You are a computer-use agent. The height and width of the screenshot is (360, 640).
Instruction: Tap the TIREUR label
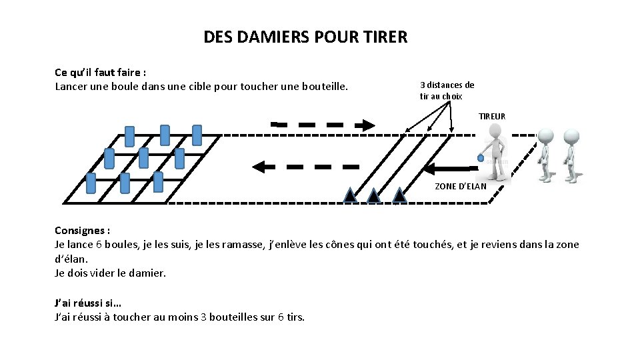pyautogui.click(x=492, y=117)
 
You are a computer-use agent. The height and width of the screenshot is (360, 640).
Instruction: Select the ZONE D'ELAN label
pyautogui.click(x=461, y=187)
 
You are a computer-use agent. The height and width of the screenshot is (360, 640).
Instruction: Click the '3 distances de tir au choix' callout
pyautogui.click(x=447, y=91)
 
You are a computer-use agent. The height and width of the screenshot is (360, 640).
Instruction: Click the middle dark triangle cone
pyautogui.click(x=374, y=195)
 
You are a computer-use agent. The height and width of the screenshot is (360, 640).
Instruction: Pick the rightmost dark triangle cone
pyautogui.click(x=399, y=195)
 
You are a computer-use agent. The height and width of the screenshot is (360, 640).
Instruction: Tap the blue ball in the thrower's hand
pyautogui.click(x=480, y=158)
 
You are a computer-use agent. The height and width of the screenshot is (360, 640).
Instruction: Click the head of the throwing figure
pyautogui.click(x=495, y=133)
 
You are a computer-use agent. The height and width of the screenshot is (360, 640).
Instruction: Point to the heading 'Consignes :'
pyautogui.click(x=82, y=231)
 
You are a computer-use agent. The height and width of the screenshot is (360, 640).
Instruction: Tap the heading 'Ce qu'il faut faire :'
pyautogui.click(x=100, y=72)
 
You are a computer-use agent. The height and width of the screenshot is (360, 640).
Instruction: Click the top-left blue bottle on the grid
pyautogui.click(x=129, y=136)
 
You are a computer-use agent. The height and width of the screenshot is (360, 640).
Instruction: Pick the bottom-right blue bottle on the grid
pyautogui.click(x=158, y=181)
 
